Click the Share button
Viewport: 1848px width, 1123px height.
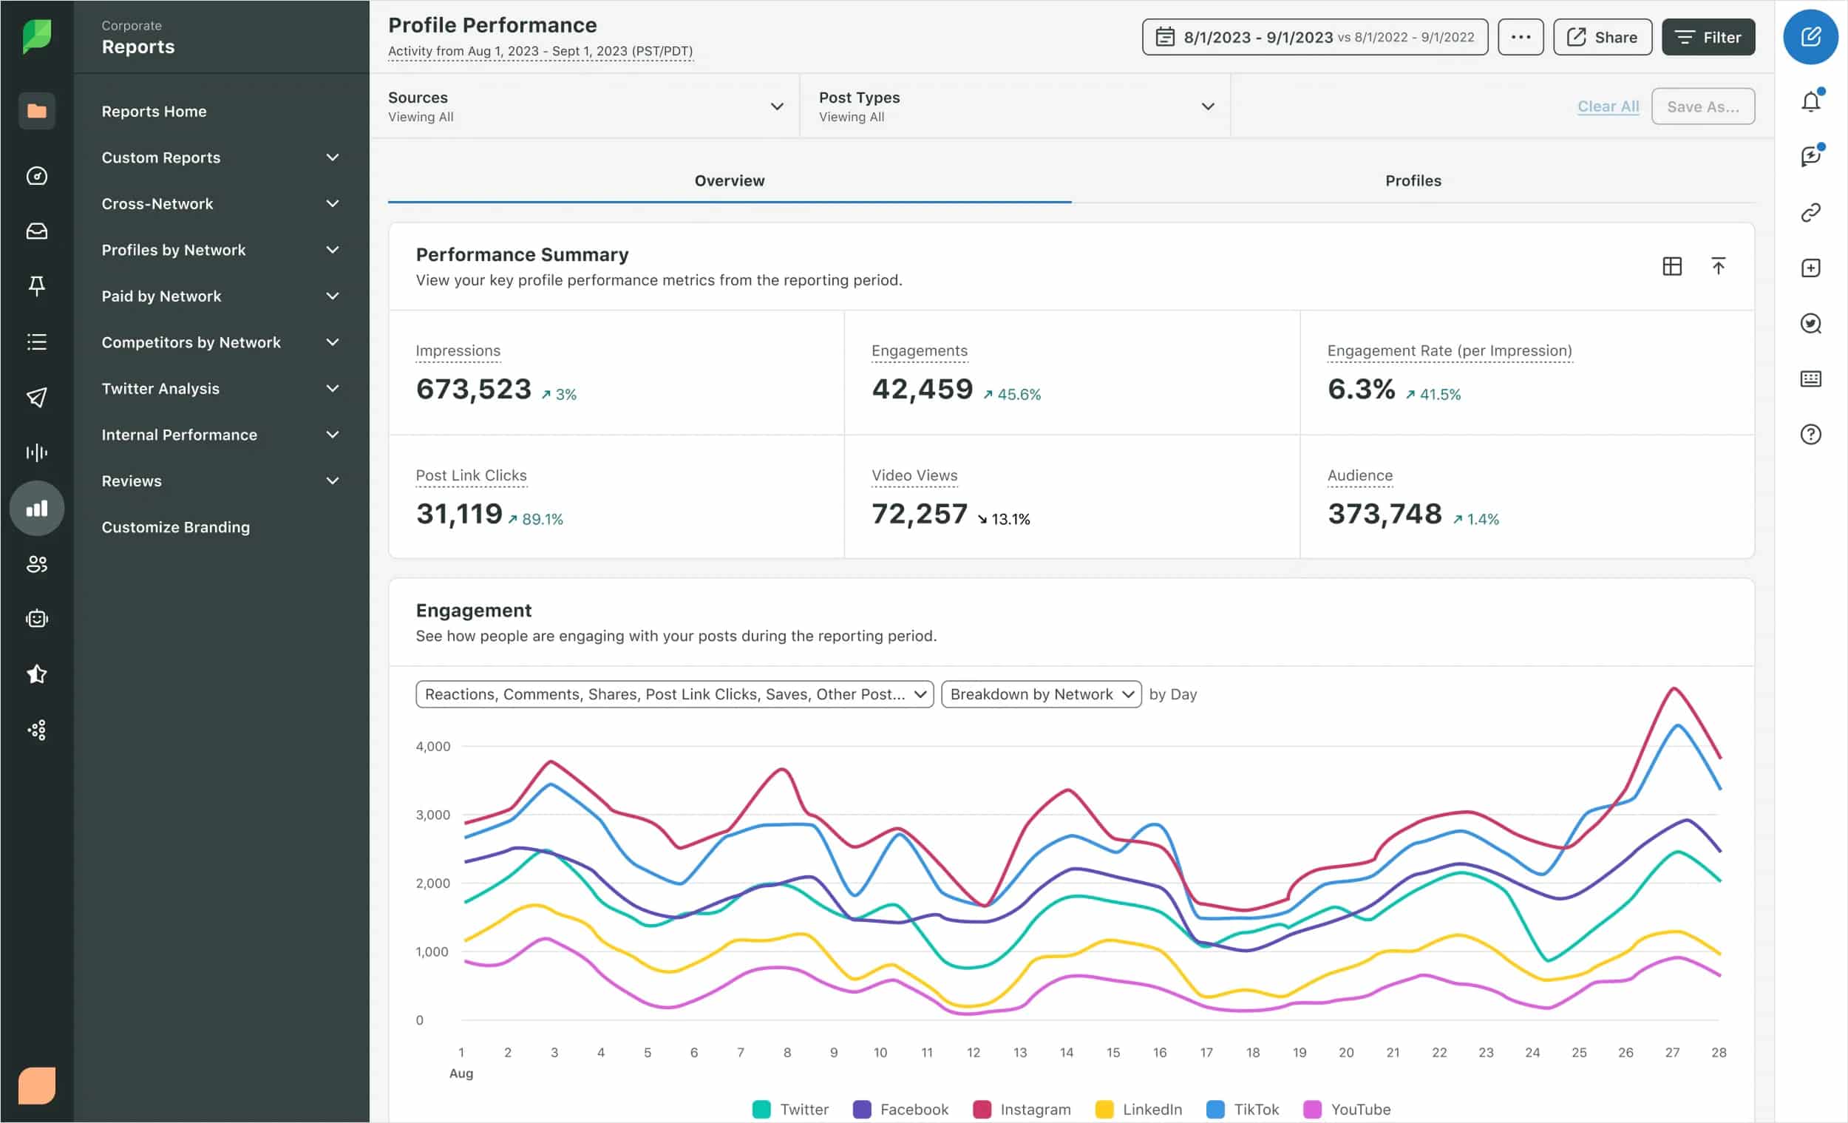click(1602, 38)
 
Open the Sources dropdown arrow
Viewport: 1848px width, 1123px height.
click(777, 106)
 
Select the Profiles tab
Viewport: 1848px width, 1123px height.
click(1413, 181)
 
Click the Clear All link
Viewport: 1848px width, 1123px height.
click(1607, 106)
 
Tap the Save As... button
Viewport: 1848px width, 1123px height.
click(1702, 106)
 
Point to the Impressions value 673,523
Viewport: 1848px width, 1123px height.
click(473, 390)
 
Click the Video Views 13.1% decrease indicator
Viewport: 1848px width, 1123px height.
click(1004, 519)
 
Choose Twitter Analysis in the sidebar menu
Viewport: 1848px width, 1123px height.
click(160, 389)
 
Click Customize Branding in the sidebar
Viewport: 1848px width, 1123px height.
click(175, 527)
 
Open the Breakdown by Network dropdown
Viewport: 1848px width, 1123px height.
click(1040, 694)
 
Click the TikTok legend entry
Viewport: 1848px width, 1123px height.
click(1243, 1109)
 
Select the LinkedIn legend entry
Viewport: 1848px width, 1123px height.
click(1138, 1109)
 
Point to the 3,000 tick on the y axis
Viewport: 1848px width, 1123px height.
click(432, 815)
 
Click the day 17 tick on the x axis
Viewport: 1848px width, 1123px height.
click(1205, 1053)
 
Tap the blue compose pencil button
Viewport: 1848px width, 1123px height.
click(1810, 37)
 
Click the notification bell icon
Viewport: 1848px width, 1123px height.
click(1810, 101)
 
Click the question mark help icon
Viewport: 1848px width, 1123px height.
click(1810, 435)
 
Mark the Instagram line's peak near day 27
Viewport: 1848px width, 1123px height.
click(1673, 688)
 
